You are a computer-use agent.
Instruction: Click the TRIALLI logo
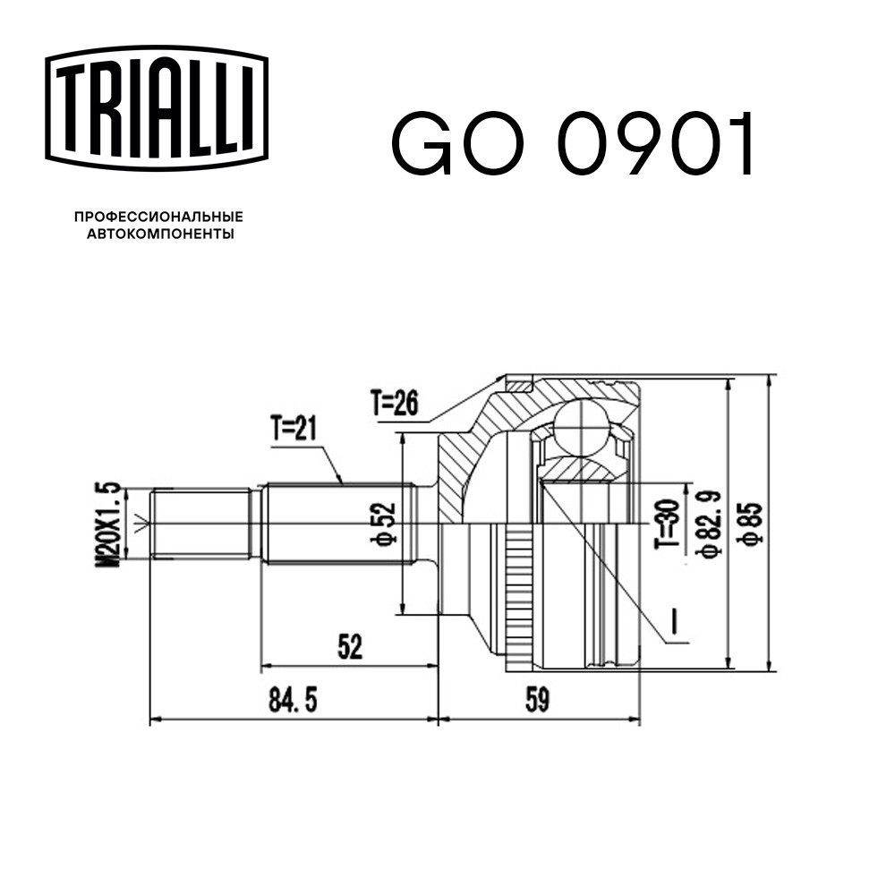click(157, 108)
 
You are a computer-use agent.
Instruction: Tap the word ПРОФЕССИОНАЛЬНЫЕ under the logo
click(158, 217)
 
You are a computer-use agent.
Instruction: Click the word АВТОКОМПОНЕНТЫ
click(160, 234)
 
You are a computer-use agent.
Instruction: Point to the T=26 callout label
click(395, 403)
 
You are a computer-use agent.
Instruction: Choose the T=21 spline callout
click(294, 428)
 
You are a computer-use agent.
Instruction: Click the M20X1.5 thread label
click(107, 524)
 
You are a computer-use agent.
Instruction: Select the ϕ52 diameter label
click(383, 523)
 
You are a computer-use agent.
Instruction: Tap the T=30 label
click(668, 524)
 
